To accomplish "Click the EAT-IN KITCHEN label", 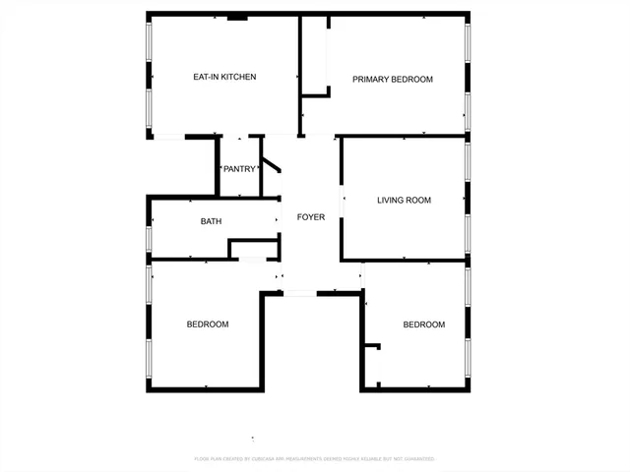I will point(223,77).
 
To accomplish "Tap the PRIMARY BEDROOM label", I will point(393,80).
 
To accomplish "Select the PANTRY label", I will point(239,169).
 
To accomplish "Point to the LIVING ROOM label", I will point(404,201).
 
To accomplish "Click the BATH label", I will point(211,221).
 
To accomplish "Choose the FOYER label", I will point(311,217).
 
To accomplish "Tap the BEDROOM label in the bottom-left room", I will point(208,324).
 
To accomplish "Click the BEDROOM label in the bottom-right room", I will point(423,324).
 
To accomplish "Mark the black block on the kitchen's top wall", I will point(237,17).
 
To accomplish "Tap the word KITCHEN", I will point(239,77).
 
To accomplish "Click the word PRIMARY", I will point(370,80).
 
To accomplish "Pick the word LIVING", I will point(391,201).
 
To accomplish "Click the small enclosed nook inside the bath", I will point(252,248).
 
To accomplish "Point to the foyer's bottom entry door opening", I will point(299,292).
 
